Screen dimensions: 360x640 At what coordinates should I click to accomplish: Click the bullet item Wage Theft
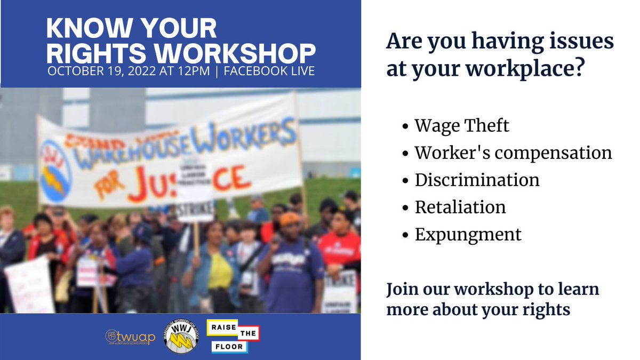pyautogui.click(x=462, y=126)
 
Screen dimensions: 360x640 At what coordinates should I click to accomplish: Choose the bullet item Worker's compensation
pyautogui.click(x=513, y=153)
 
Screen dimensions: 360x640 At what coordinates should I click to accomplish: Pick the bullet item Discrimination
pyautogui.click(x=477, y=180)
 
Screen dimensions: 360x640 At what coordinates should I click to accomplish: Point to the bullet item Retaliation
pyautogui.click(x=460, y=207)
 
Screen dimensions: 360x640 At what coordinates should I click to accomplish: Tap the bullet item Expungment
pyautogui.click(x=468, y=234)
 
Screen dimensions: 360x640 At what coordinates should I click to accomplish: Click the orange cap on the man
pyautogui.click(x=290, y=218)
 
